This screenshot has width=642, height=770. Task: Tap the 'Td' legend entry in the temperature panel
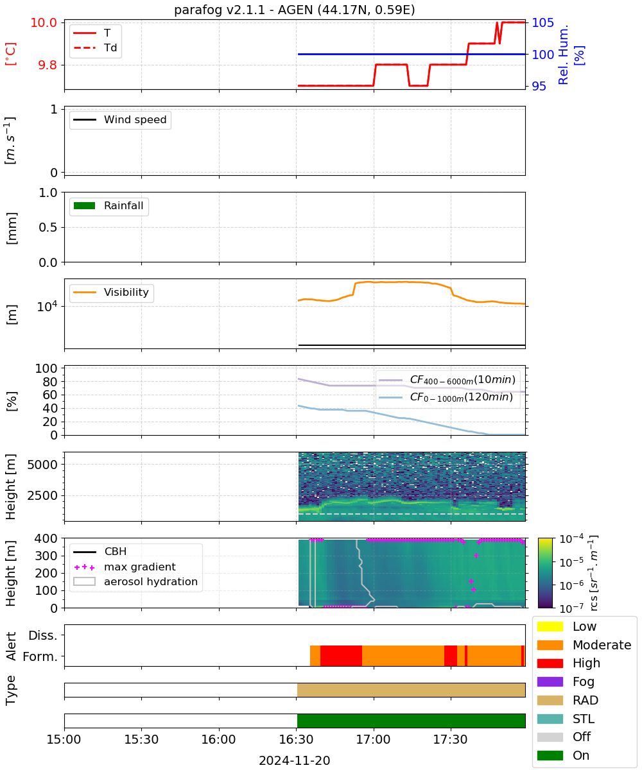tap(95, 47)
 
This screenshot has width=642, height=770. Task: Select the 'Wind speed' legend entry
tap(120, 119)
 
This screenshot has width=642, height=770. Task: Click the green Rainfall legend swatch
tap(85, 205)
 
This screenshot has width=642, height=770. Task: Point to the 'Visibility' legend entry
tap(110, 292)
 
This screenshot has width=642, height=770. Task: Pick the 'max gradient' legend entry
tap(125, 567)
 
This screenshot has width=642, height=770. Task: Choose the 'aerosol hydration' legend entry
tap(135, 581)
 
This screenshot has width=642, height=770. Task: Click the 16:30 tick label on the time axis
tap(296, 739)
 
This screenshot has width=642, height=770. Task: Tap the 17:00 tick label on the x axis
tap(374, 739)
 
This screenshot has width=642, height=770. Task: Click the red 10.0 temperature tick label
tap(44, 22)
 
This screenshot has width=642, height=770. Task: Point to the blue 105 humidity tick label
tap(542, 22)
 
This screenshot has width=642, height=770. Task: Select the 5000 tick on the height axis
tap(42, 465)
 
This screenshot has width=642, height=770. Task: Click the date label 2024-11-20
tap(295, 760)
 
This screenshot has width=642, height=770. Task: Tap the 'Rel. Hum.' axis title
tap(563, 55)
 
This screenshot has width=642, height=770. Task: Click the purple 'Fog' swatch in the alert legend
tap(550, 681)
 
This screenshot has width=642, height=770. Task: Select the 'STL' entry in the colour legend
tap(565, 719)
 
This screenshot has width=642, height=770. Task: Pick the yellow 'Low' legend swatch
tap(550, 626)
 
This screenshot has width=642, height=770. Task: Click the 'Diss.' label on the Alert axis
tap(43, 635)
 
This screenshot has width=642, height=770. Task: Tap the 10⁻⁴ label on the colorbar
tap(571, 539)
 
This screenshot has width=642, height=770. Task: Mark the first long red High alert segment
tap(341, 656)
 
